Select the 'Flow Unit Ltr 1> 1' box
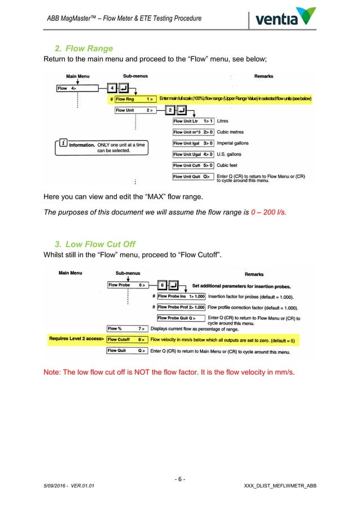click(x=193, y=121)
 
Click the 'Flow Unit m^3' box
click(x=193, y=131)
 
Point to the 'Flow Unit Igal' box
click(x=193, y=143)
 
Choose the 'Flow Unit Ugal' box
click(x=193, y=154)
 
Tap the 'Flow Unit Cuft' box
click(x=193, y=165)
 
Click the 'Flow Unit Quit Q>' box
click(x=193, y=176)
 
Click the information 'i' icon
click(x=63, y=144)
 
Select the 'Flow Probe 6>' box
click(x=128, y=285)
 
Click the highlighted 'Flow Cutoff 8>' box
click(x=128, y=340)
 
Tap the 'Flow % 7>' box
click(x=128, y=328)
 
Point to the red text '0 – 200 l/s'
click(x=268, y=212)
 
